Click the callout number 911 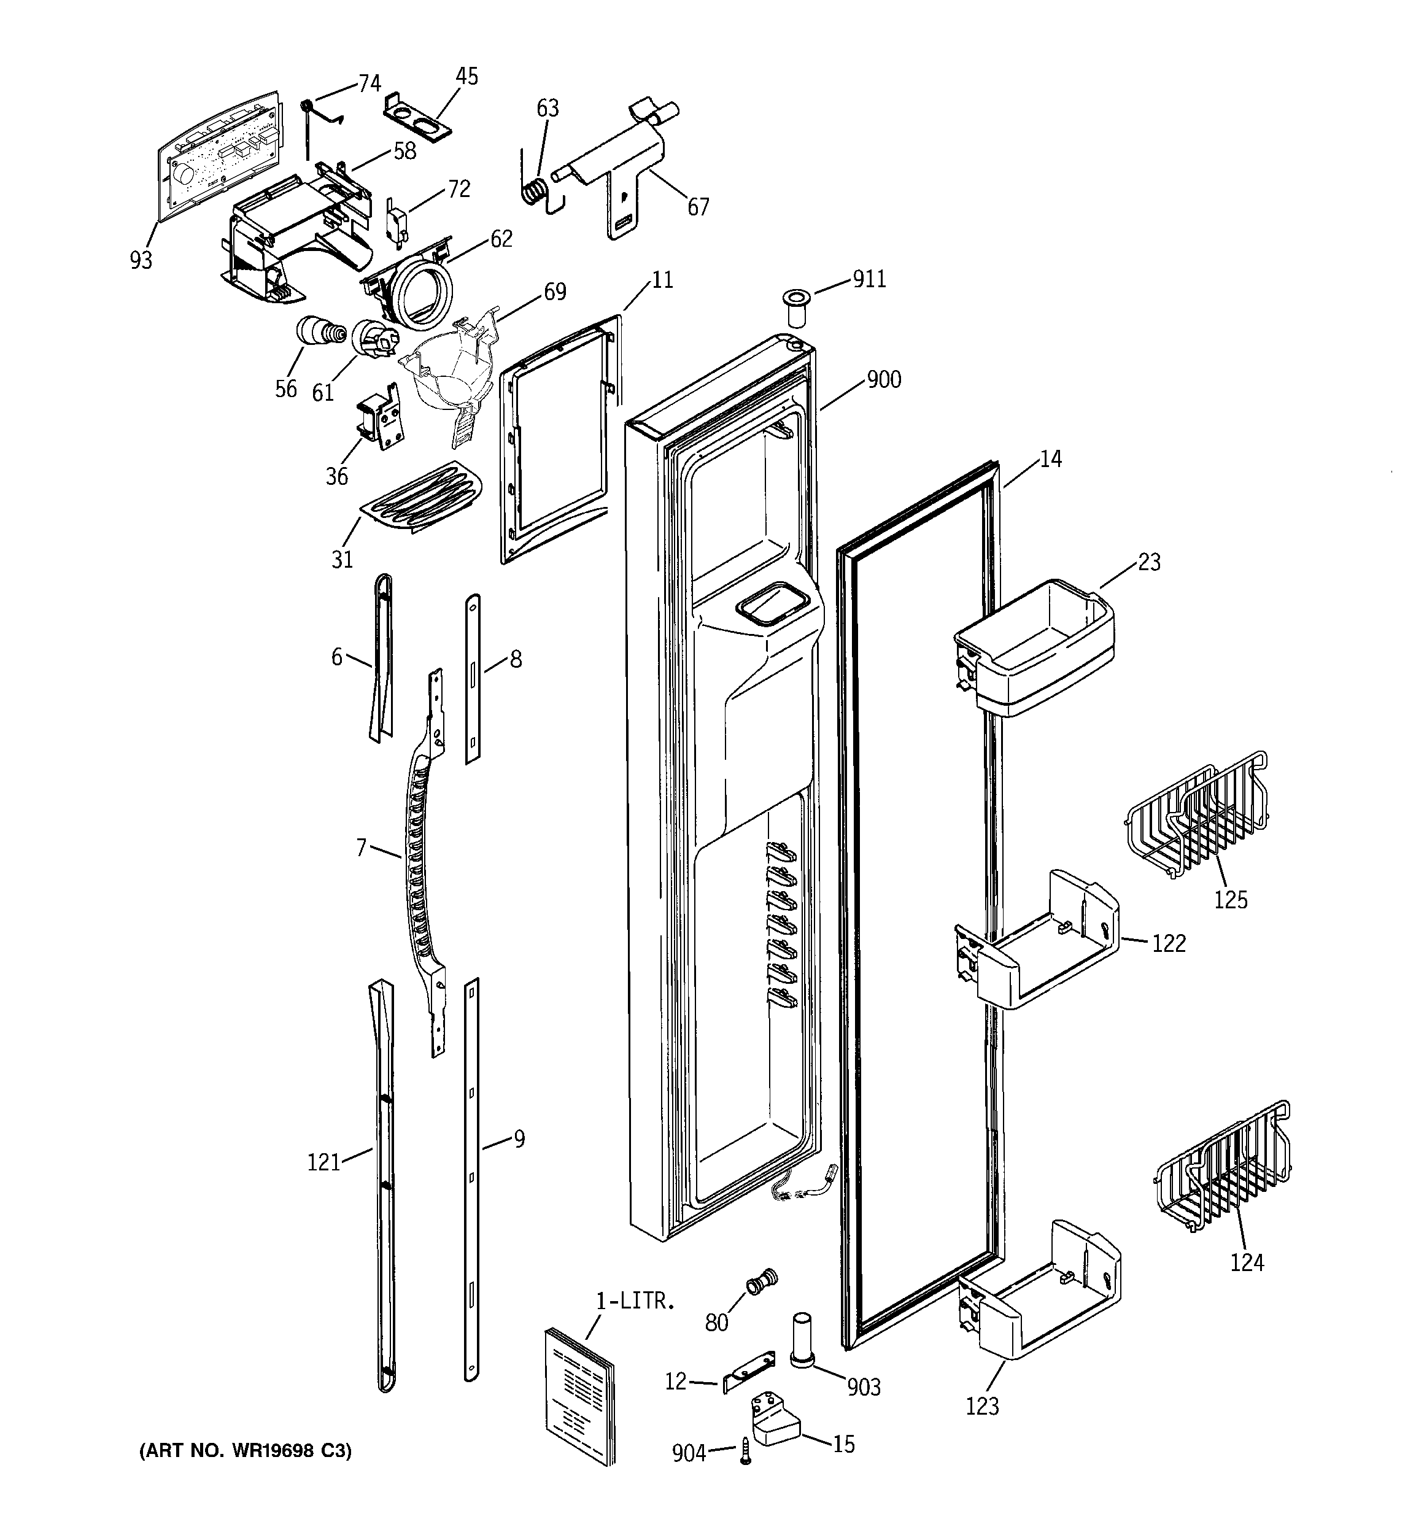869,280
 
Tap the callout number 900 884,380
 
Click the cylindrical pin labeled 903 801,1339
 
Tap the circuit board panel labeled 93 216,153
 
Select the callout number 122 1169,944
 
